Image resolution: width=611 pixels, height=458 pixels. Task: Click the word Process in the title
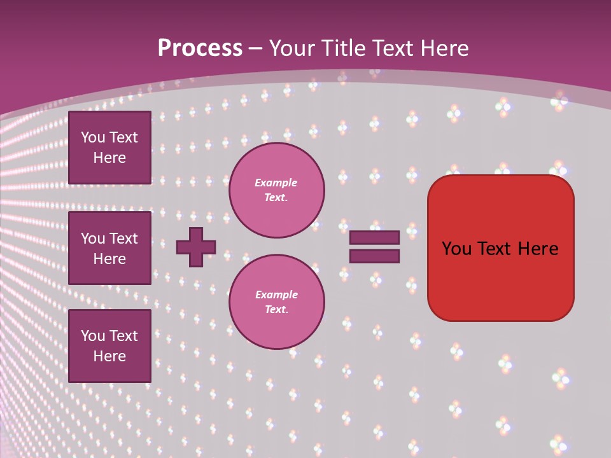point(200,48)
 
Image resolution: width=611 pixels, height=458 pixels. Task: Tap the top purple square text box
point(109,148)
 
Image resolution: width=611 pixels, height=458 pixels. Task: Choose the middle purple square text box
point(109,248)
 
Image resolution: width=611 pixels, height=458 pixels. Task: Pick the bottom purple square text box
point(109,346)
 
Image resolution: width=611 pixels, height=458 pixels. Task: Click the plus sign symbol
point(196,247)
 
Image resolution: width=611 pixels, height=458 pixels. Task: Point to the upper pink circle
point(277,190)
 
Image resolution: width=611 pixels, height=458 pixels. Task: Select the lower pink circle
point(277,302)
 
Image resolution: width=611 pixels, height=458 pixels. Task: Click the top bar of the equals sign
point(374,237)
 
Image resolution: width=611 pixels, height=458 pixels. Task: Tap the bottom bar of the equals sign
point(374,256)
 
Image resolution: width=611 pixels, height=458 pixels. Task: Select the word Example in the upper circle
point(276,183)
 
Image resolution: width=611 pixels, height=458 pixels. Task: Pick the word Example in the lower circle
point(276,295)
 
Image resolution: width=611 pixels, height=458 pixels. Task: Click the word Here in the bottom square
point(109,356)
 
